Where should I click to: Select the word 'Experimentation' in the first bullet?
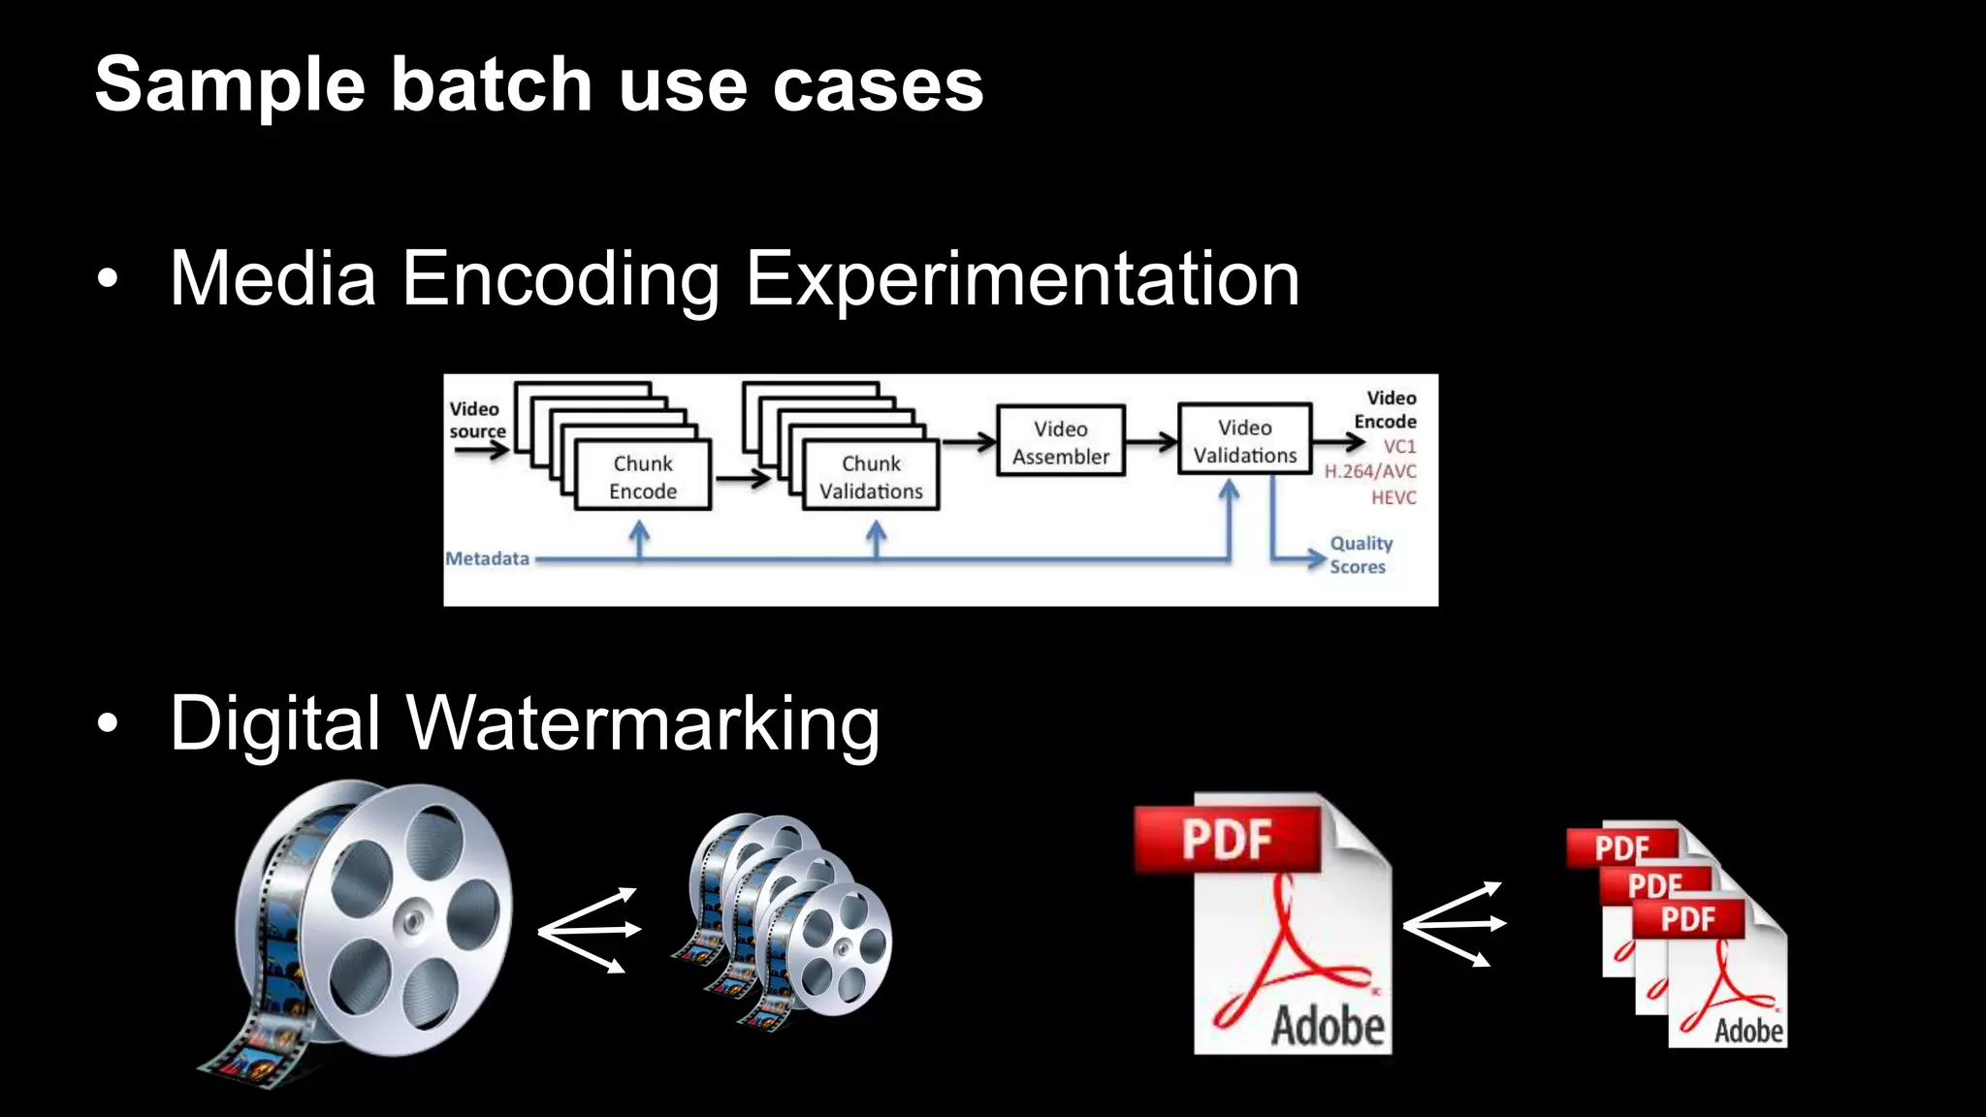pyautogui.click(x=1023, y=279)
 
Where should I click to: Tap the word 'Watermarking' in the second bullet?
pyautogui.click(x=643, y=723)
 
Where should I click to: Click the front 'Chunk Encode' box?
pyautogui.click(x=643, y=476)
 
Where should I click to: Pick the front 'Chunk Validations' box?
pyautogui.click(x=871, y=476)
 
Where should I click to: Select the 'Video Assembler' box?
pyautogui.click(x=1061, y=441)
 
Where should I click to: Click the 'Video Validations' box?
pyautogui.click(x=1244, y=440)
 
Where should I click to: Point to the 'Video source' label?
pyautogui.click(x=476, y=419)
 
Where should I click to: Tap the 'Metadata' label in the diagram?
pyautogui.click(x=488, y=558)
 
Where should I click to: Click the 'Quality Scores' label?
pyautogui.click(x=1360, y=555)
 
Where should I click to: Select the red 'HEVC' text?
pyautogui.click(x=1393, y=497)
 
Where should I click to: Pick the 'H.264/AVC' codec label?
pyautogui.click(x=1370, y=471)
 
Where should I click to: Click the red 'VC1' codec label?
pyautogui.click(x=1399, y=446)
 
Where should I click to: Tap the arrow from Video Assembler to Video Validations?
pyautogui.click(x=1151, y=442)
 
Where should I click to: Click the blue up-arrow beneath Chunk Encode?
pyautogui.click(x=639, y=539)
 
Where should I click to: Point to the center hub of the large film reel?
pyautogui.click(x=414, y=917)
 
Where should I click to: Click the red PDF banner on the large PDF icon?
pyautogui.click(x=1227, y=839)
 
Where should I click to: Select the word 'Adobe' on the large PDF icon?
pyautogui.click(x=1328, y=1026)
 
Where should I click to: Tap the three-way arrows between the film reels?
pyautogui.click(x=589, y=930)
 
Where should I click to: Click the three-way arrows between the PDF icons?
pyautogui.click(x=1454, y=924)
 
